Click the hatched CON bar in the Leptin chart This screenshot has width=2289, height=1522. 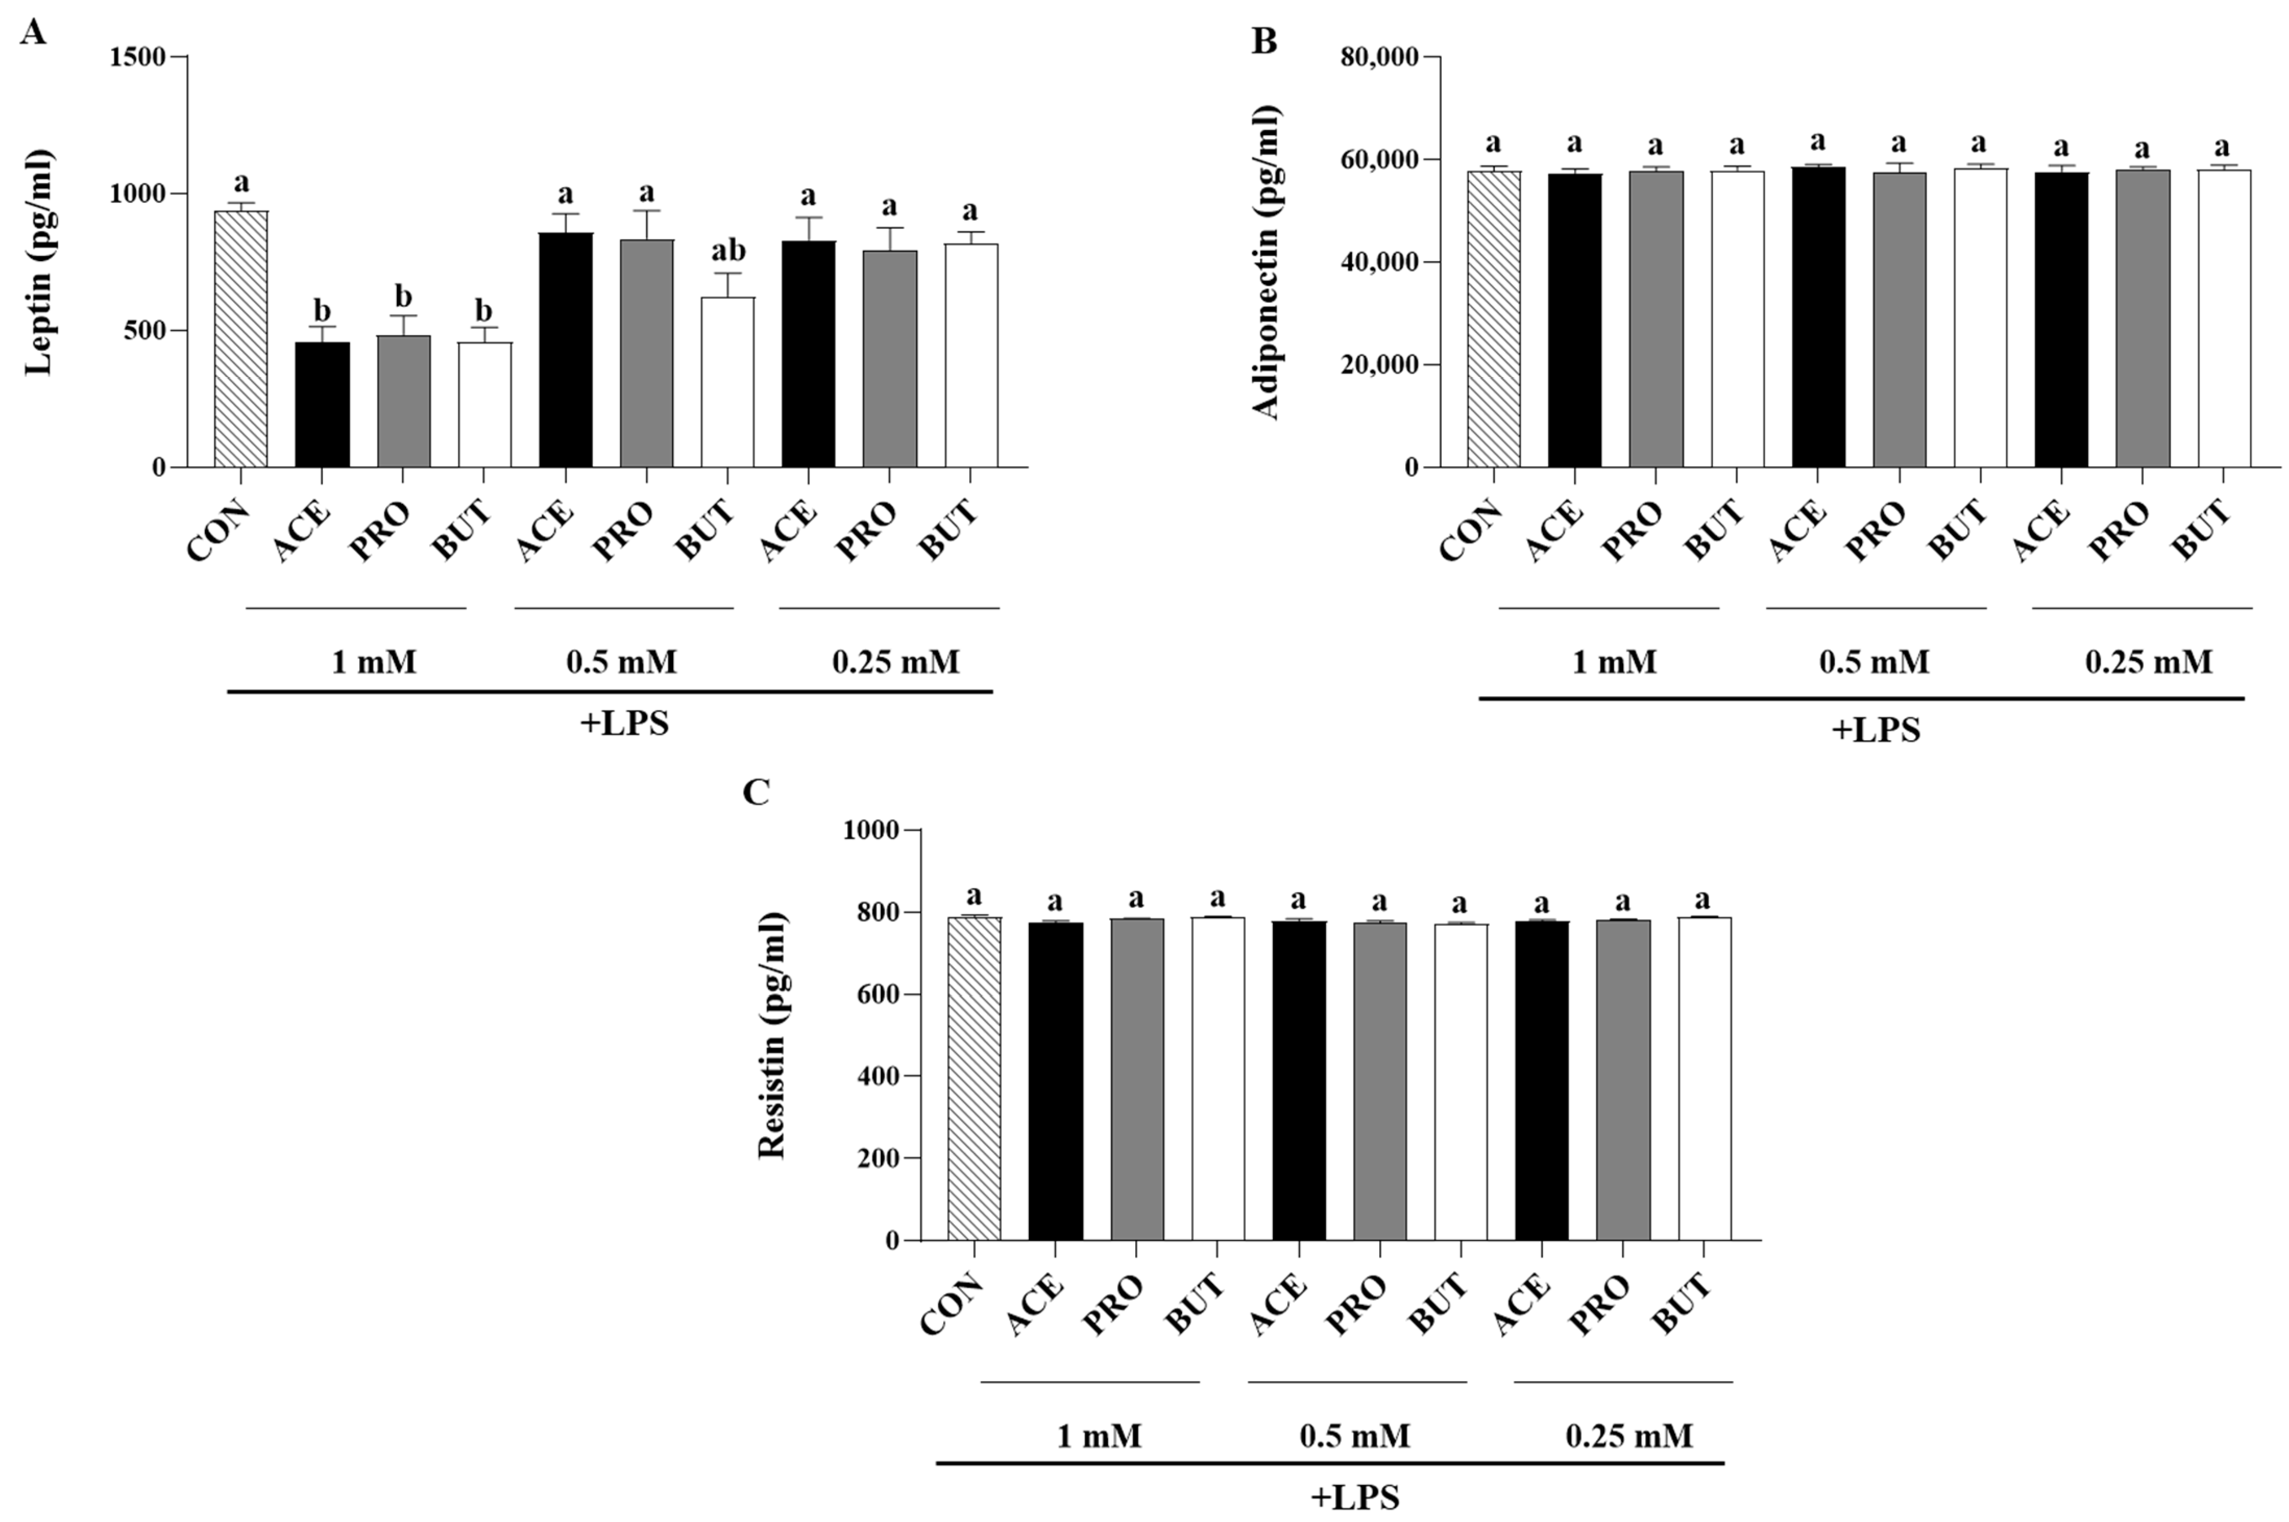click(x=241, y=340)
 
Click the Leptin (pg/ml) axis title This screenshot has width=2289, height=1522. click(x=39, y=262)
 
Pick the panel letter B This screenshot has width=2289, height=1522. click(x=1264, y=42)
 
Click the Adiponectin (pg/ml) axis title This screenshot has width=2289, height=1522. click(x=1267, y=262)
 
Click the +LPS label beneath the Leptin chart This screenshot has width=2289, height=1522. click(x=624, y=724)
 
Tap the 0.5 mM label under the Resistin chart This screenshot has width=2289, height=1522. click(x=1355, y=1435)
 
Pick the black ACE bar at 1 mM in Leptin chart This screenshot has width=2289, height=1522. click(x=322, y=405)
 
